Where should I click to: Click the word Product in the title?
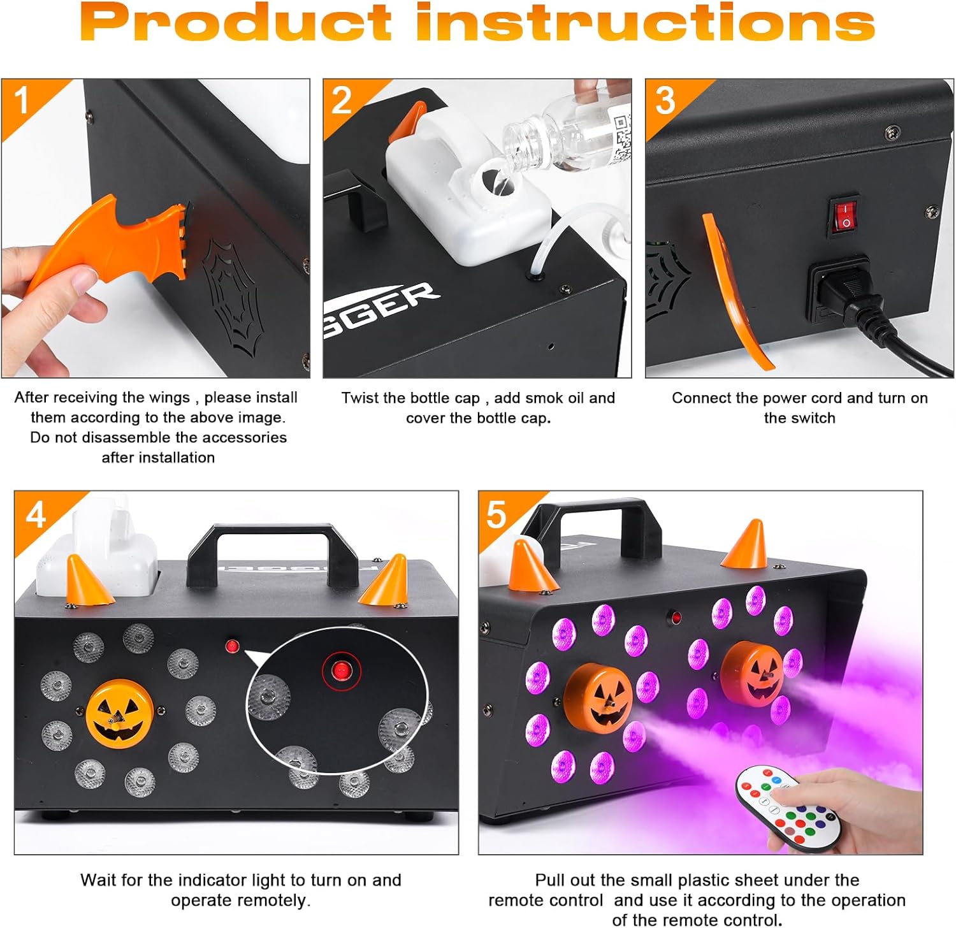click(235, 23)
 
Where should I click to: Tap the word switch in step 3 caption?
click(813, 418)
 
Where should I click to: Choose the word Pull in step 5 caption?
click(549, 880)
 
